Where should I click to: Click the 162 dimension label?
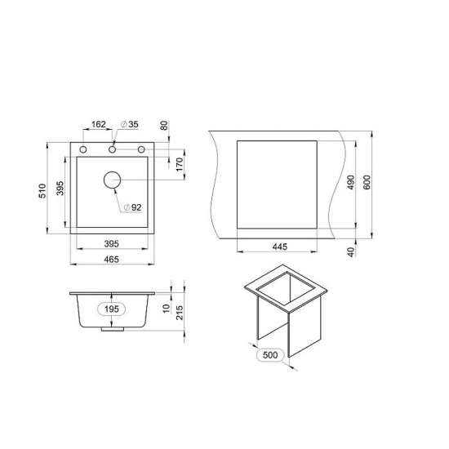(99, 124)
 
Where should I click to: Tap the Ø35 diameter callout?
(130, 124)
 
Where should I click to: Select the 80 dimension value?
(165, 126)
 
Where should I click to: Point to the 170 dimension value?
(180, 164)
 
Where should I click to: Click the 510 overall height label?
(42, 191)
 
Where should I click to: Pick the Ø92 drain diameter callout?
(132, 207)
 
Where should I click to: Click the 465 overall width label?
(111, 260)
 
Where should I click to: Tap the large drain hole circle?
(113, 180)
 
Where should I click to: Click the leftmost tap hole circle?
(83, 149)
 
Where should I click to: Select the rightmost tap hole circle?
(141, 149)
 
